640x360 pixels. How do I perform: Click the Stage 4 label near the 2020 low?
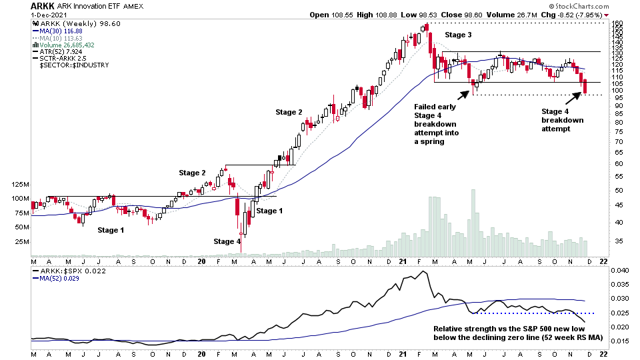coord(227,241)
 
